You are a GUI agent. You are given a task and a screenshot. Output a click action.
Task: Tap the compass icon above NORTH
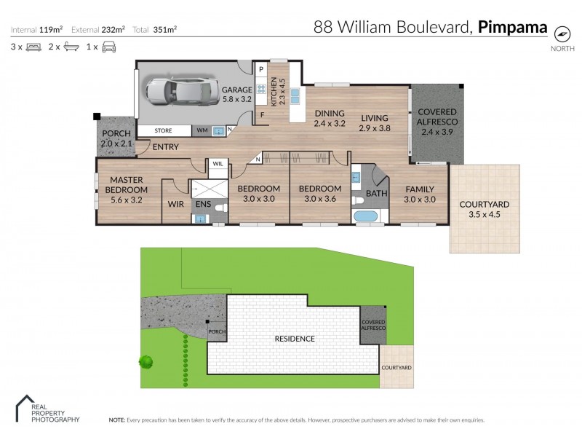click(x=561, y=34)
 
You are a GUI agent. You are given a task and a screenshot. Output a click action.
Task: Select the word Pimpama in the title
click(x=512, y=28)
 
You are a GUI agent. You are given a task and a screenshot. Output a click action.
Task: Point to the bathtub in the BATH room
click(x=364, y=216)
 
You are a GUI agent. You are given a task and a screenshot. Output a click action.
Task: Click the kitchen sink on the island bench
click(x=296, y=96)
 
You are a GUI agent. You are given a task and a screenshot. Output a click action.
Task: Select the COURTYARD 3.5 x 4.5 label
click(x=485, y=209)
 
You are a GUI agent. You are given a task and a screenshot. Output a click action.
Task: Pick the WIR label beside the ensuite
click(x=175, y=205)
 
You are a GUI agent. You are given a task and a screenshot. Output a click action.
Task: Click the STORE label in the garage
click(x=164, y=131)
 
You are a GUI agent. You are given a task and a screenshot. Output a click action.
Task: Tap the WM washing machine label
click(x=202, y=131)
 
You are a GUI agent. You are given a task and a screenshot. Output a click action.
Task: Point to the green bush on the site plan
click(x=147, y=361)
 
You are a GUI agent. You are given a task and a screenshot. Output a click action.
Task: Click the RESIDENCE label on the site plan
click(x=294, y=339)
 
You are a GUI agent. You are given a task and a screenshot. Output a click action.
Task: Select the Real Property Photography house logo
click(x=26, y=406)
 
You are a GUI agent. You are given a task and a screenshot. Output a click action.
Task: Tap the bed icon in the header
click(x=33, y=47)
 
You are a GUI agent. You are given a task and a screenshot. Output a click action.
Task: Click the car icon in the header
click(x=109, y=47)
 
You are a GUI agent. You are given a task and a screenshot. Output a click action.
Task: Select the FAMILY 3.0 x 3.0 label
click(x=420, y=194)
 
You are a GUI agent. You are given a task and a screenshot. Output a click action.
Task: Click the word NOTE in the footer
click(x=116, y=420)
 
